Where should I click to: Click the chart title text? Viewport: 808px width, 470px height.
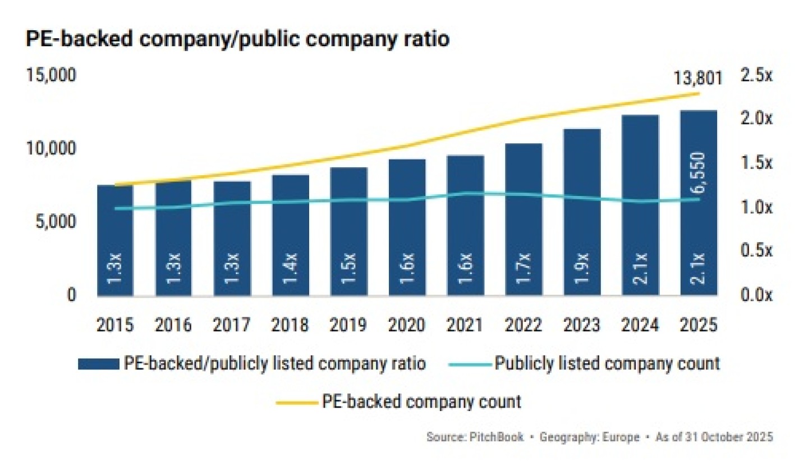point(237,40)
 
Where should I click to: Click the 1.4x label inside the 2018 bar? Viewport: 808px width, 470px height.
point(290,268)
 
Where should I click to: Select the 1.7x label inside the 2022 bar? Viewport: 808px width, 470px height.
point(524,268)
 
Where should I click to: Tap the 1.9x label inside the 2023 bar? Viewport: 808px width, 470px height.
point(582,268)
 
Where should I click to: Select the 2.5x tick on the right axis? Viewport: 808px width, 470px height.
point(756,76)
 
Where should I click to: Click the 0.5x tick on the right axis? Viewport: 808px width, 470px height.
point(756,251)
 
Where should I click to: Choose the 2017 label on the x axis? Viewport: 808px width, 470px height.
point(232,325)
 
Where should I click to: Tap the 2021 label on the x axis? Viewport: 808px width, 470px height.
point(465,325)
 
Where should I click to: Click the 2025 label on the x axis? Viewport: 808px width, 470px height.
point(699,325)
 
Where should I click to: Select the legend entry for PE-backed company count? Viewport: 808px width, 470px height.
point(421,401)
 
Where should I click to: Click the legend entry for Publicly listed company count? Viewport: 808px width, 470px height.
point(607,363)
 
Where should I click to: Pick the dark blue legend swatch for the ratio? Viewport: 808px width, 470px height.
point(98,364)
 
